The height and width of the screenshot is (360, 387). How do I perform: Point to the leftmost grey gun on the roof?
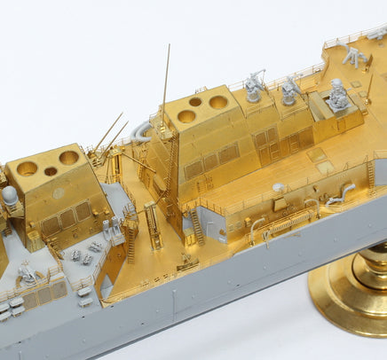click(254, 87)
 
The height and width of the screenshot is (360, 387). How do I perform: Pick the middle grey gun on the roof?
click(290, 90)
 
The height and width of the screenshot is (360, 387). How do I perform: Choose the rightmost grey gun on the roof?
click(338, 95)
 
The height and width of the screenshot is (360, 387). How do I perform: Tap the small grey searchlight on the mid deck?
click(278, 188)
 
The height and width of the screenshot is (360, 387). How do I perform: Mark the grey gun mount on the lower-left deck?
click(27, 274)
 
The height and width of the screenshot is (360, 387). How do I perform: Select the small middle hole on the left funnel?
click(51, 171)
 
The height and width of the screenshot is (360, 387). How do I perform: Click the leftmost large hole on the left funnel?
click(28, 168)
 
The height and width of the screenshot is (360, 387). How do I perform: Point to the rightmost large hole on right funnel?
click(217, 102)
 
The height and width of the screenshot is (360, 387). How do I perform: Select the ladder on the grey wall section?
click(196, 226)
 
